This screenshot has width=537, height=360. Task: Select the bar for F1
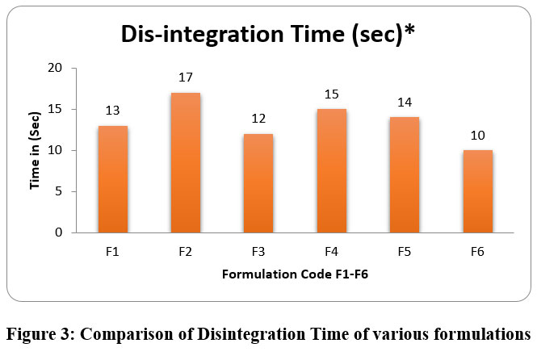(113, 179)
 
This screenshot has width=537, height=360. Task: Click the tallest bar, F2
(186, 163)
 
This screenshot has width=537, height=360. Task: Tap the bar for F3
(258, 183)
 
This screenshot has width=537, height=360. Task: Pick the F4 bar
(332, 171)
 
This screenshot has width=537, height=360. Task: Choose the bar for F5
(405, 175)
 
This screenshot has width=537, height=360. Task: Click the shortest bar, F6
(478, 191)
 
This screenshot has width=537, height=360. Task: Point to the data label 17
(186, 77)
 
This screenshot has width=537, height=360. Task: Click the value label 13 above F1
(113, 111)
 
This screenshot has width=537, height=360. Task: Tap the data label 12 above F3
(258, 119)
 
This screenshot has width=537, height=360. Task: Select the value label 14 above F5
(405, 103)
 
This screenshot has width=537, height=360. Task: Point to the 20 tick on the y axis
(55, 68)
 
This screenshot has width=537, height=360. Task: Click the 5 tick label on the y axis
(59, 191)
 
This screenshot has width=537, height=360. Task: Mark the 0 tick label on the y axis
(59, 232)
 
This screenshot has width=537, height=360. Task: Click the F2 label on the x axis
(185, 252)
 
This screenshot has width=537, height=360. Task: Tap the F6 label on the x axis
(477, 252)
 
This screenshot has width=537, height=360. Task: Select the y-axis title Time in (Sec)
(35, 150)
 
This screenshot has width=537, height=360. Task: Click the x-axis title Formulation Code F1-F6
(295, 274)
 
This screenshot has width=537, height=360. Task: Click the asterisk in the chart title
(409, 30)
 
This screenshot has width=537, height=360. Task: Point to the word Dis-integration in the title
(203, 35)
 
